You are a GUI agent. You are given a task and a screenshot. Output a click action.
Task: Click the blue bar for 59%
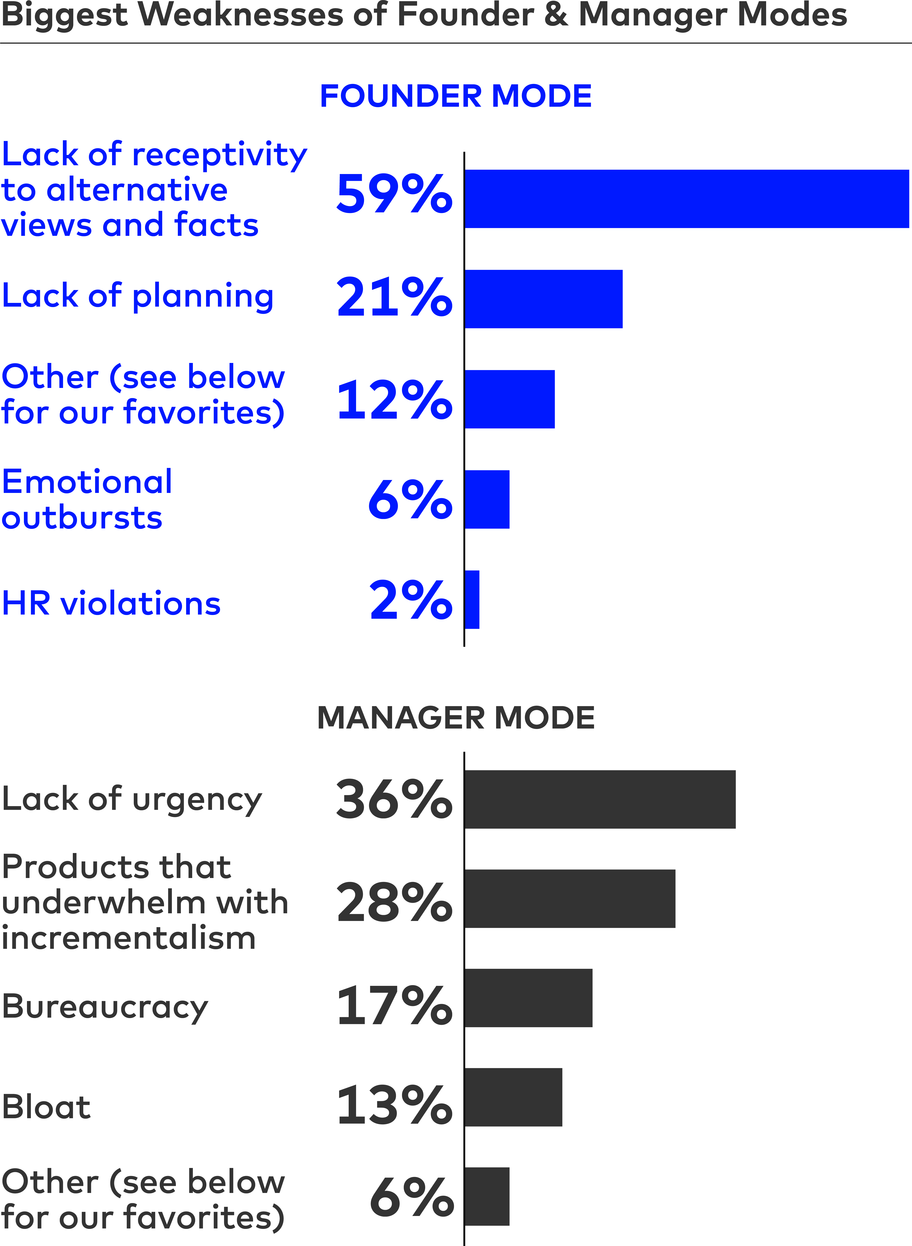tap(687, 199)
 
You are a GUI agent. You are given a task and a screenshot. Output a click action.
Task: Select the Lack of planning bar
tap(544, 299)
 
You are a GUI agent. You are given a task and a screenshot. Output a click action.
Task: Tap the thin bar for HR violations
tap(473, 599)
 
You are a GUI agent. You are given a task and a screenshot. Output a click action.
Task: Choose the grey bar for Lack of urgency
tap(600, 799)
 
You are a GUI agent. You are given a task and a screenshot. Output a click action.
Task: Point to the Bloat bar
tap(513, 1097)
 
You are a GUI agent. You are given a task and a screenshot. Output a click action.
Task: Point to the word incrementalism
tap(129, 938)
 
